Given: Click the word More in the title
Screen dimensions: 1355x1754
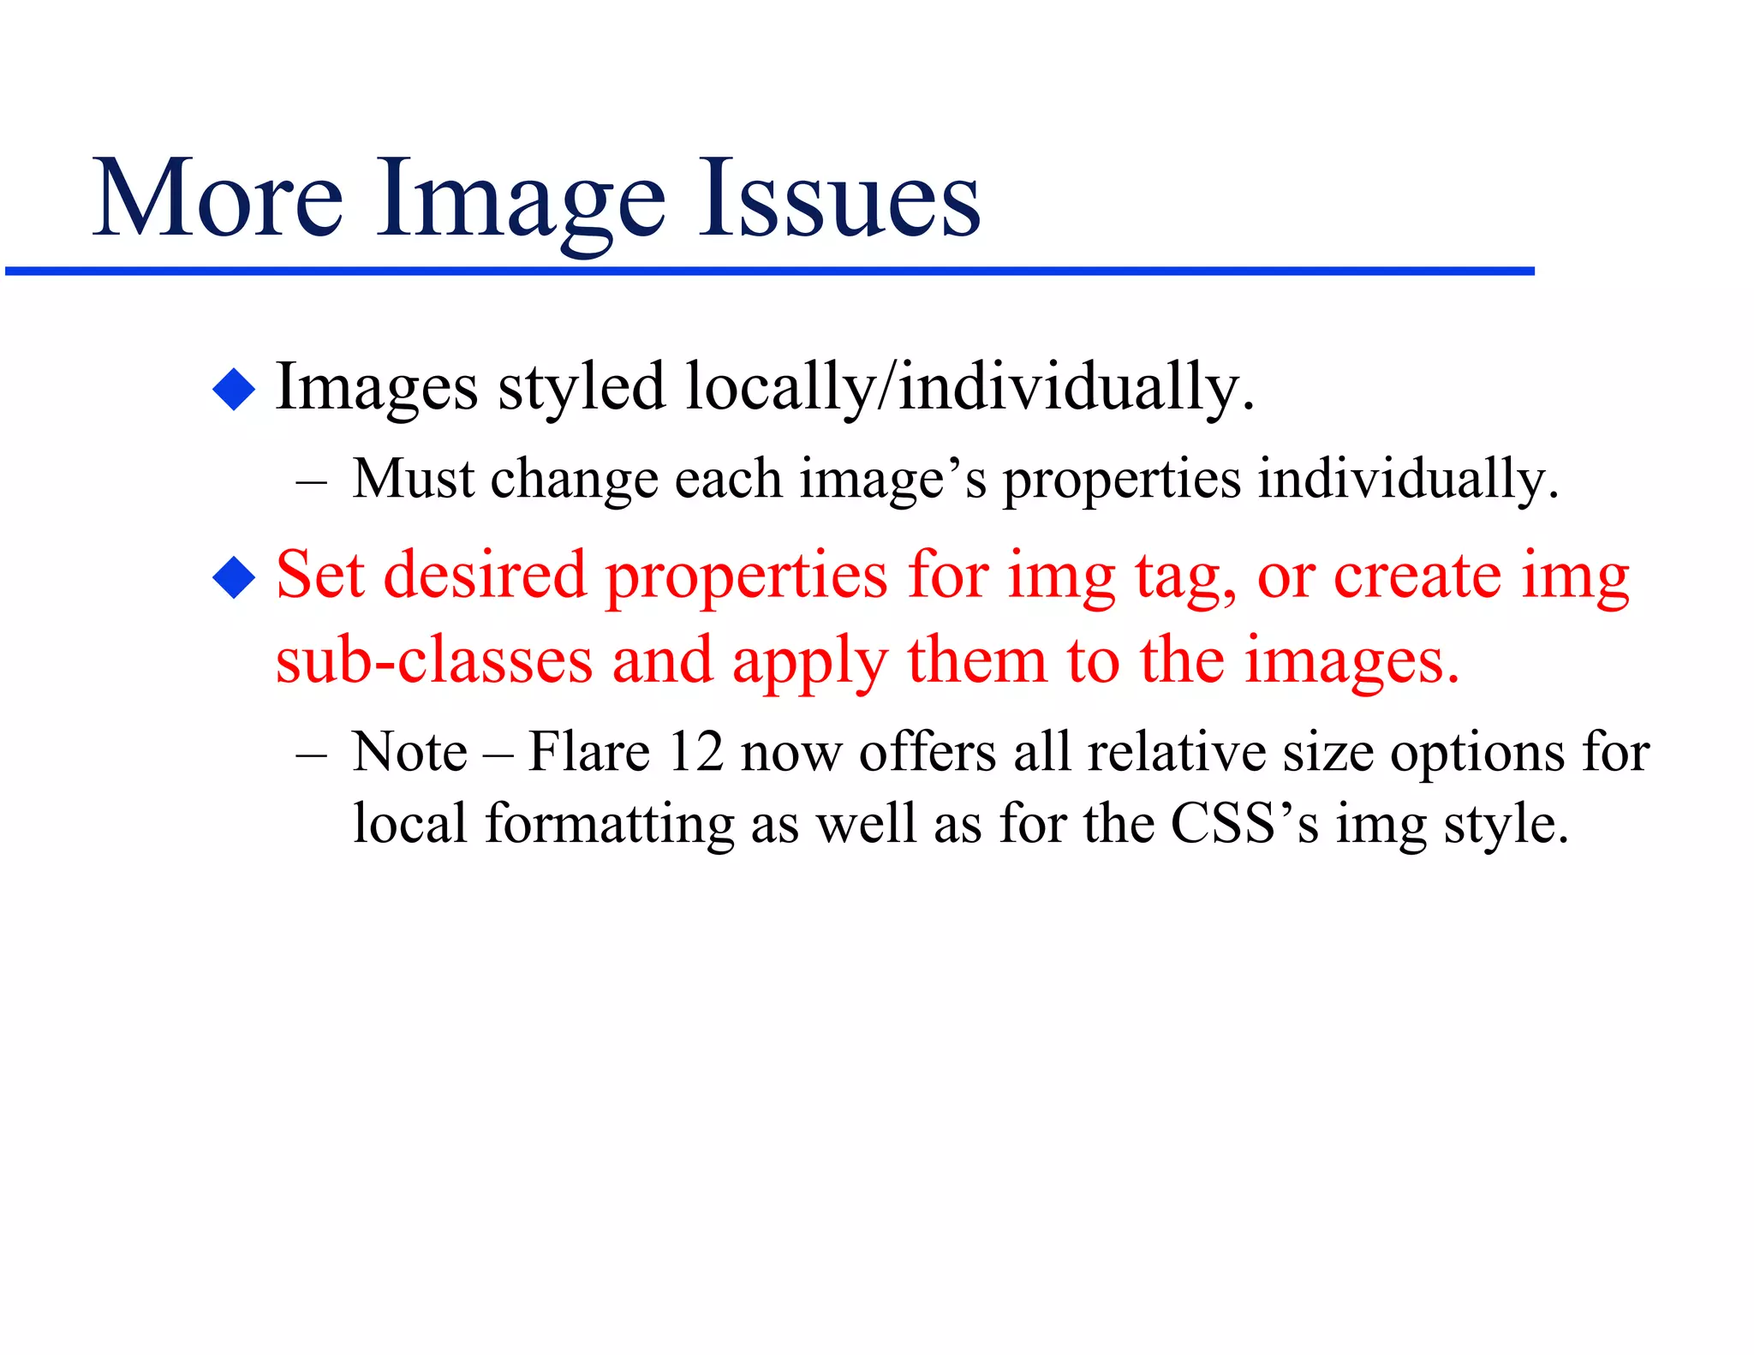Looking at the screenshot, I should (218, 199).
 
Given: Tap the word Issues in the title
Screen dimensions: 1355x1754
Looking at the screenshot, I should (839, 199).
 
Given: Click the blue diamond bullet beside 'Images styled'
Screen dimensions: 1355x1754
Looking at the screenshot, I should (234, 390).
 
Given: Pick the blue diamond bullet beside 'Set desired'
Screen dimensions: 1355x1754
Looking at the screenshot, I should (234, 577).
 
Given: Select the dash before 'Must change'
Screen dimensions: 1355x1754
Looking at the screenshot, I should (311, 481).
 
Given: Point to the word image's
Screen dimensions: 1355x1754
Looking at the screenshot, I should (893, 480).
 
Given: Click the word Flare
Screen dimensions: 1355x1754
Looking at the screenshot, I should (588, 752).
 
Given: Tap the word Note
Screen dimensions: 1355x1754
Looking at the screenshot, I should (410, 752).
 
